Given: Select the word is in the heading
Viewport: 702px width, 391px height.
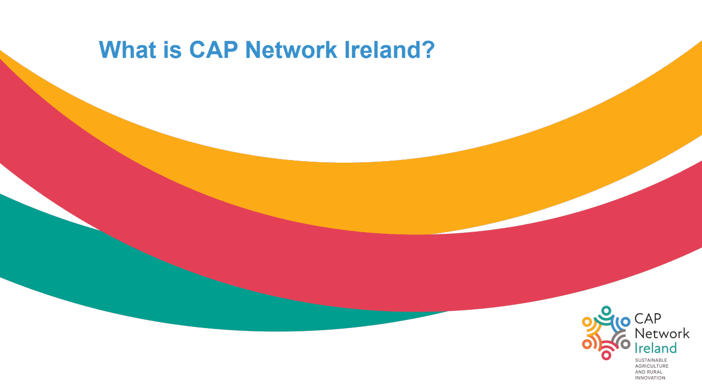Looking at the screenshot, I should tap(174, 50).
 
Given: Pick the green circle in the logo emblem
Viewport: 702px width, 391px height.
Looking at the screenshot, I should tap(606, 310).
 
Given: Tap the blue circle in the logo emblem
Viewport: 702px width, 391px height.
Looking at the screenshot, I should tap(625, 322).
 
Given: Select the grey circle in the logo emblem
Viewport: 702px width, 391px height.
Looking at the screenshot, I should tap(625, 344).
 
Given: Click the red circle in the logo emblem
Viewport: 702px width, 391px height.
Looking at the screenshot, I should tap(606, 355).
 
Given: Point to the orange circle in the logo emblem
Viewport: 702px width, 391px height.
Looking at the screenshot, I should tap(587, 344).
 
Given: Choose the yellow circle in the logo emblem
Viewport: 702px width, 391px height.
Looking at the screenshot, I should tap(587, 322).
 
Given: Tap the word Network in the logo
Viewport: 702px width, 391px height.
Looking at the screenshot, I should tap(662, 334).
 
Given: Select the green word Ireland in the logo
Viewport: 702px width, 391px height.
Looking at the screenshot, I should tap(656, 348).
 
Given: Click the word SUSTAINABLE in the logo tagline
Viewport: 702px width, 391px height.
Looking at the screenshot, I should tap(651, 360).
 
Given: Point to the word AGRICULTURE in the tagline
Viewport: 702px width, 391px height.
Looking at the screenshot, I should tap(652, 366).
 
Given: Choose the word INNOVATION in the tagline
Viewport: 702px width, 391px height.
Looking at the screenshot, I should tap(650, 378).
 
